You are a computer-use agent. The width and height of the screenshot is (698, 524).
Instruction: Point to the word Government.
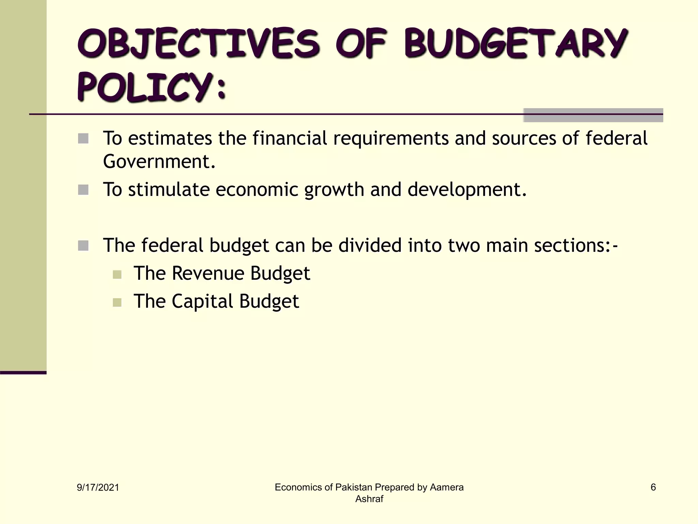(x=159, y=161)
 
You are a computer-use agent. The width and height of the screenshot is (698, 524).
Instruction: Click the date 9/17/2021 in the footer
(x=98, y=487)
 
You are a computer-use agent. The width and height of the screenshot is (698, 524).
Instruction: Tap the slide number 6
(x=653, y=487)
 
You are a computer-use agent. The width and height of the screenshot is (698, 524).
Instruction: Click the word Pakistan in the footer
(x=353, y=487)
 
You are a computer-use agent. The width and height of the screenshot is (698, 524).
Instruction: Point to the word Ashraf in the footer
(x=369, y=499)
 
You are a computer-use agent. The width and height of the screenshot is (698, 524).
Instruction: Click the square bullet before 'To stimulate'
(x=83, y=190)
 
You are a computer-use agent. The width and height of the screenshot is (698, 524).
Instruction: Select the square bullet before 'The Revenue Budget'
(x=117, y=274)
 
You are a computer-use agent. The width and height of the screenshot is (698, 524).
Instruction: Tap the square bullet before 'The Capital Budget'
(x=117, y=302)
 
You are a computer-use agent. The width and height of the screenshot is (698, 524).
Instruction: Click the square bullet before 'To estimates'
(x=83, y=139)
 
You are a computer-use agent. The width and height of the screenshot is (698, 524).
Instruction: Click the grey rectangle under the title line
(x=593, y=115)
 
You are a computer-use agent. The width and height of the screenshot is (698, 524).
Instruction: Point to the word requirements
(x=391, y=139)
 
